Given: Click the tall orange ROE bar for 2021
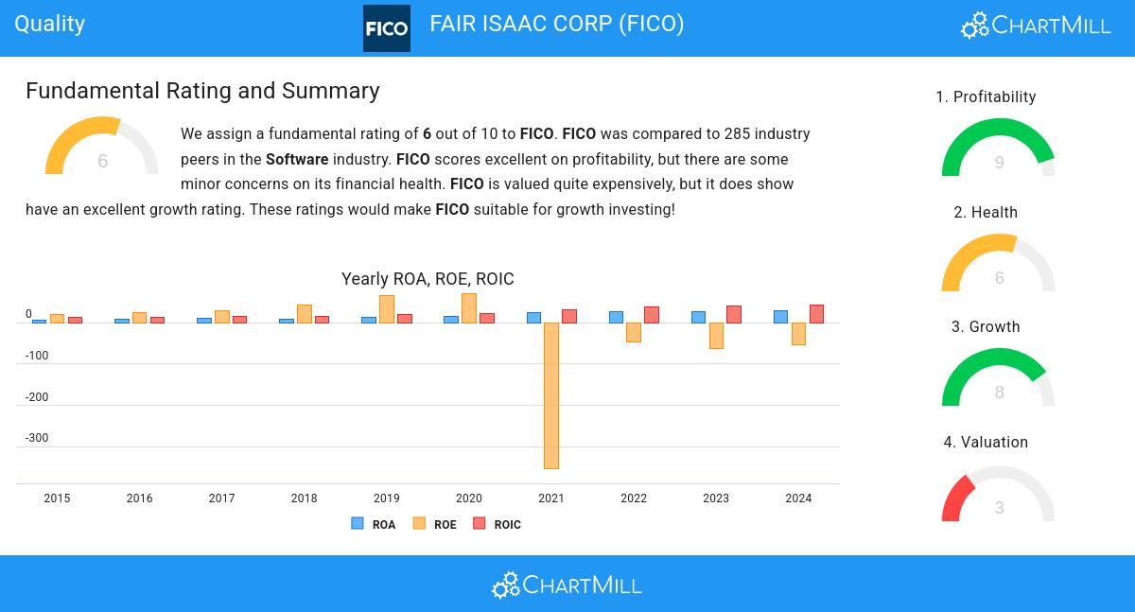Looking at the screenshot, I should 551,395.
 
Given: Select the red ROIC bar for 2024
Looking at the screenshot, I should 816,314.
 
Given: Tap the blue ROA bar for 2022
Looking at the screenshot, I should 616,318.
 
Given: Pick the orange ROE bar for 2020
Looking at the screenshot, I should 469,308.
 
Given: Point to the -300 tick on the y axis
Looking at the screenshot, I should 37,438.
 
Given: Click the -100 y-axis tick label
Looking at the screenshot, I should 37,356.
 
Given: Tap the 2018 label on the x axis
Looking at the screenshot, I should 304,498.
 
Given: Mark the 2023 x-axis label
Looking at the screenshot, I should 716,498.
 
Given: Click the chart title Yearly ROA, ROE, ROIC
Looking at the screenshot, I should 428,279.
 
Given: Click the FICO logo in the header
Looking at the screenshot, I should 387,28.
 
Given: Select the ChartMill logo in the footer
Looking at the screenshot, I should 567,586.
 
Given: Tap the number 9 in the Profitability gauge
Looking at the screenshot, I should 999,163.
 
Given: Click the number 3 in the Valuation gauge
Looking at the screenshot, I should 999,508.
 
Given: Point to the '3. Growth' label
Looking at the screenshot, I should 986,327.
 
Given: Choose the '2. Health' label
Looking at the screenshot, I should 986,213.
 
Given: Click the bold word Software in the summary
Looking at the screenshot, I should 297,159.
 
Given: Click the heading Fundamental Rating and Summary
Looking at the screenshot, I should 202,91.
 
